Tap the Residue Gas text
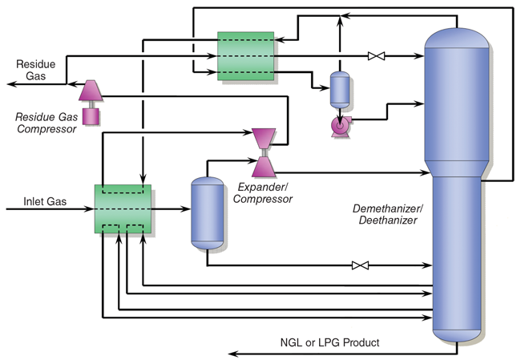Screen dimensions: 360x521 [36, 70]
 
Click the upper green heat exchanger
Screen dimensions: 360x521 [246, 55]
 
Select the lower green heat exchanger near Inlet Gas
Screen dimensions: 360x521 [123, 210]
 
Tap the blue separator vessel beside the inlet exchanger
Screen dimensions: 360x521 [207, 212]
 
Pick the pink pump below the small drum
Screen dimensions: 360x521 [341, 126]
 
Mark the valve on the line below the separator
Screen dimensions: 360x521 [358, 265]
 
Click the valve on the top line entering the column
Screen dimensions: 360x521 [374, 56]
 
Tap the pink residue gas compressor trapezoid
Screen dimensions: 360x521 [88, 92]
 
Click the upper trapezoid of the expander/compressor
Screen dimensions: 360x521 [263, 138]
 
